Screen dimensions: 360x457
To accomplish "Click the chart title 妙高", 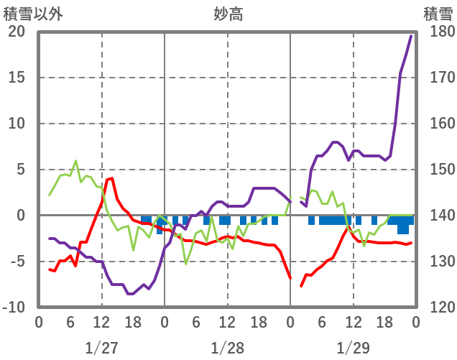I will (x=228, y=13).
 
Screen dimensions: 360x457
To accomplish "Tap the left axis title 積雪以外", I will (x=29, y=13).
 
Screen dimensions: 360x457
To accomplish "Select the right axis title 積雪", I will (x=438, y=13).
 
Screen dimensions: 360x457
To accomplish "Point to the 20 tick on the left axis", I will (x=17, y=32).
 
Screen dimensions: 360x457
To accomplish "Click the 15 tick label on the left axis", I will (x=17, y=78).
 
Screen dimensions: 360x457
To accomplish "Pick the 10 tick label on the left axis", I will (x=17, y=124).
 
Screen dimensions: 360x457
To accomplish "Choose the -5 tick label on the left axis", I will (x=17, y=262).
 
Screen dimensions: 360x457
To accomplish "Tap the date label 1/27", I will (x=101, y=348).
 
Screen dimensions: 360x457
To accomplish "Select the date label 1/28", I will (x=227, y=348).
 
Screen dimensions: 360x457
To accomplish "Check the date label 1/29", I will (x=353, y=348).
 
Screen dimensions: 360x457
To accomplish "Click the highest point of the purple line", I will (x=411, y=36).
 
